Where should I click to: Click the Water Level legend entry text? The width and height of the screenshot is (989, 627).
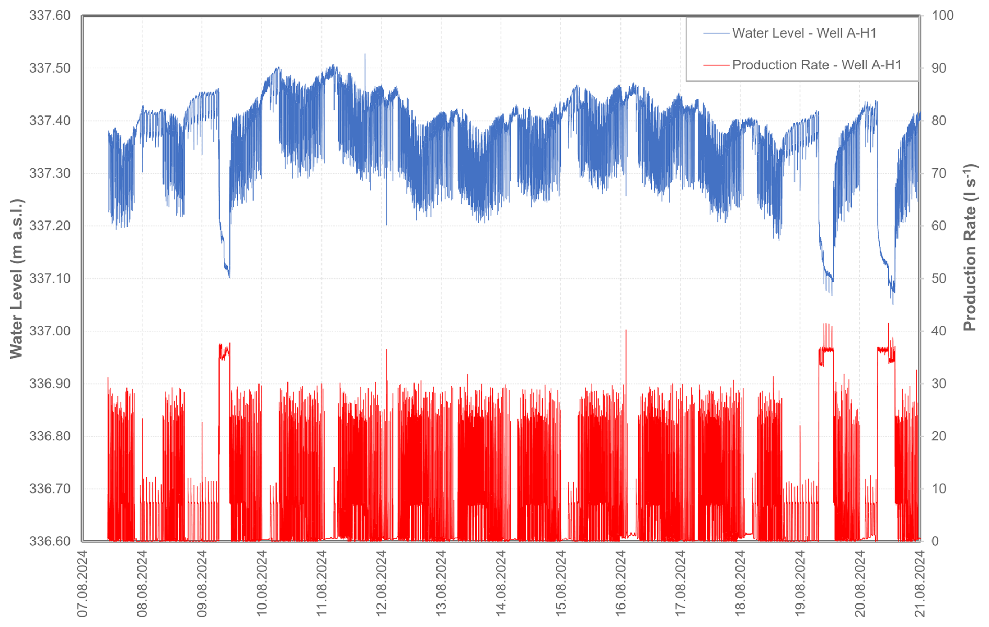coord(804,33)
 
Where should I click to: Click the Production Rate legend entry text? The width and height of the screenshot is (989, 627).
coord(816,65)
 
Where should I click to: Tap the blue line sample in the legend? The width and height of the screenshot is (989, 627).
coord(716,33)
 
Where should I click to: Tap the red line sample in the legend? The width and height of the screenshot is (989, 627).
coord(716,65)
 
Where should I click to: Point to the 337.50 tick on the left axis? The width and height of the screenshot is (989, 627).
coord(50,68)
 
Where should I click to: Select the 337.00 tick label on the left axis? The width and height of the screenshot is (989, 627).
coord(50,331)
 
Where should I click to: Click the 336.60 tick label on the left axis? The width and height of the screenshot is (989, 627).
coord(50,541)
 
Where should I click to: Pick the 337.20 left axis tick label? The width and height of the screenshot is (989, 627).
coord(50,226)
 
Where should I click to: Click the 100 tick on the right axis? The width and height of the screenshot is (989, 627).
coord(942,16)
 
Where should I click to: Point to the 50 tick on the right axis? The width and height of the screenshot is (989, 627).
coord(939,278)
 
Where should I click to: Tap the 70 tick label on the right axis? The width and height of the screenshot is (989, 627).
coord(939,173)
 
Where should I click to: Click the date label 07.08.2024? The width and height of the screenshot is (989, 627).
coord(83,583)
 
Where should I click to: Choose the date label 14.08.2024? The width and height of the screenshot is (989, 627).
coord(501,583)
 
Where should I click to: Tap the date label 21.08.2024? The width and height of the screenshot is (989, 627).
coord(919,583)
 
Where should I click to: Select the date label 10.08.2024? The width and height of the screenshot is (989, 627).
coord(262,583)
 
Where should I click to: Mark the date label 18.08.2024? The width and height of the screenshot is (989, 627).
coord(740,583)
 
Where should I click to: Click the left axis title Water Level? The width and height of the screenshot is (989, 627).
coord(17,278)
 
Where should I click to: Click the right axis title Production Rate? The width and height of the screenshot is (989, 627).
coord(970,247)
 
